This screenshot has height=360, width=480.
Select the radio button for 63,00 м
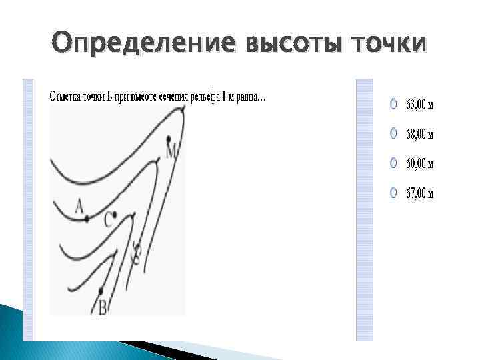(x=394, y=104)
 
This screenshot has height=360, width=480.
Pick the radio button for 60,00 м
(x=394, y=163)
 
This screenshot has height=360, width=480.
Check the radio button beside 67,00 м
(x=394, y=193)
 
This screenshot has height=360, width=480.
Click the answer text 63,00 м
(x=420, y=105)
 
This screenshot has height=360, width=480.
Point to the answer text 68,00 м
(x=420, y=135)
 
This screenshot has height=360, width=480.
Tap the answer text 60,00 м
(x=420, y=163)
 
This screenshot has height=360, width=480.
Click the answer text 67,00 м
(x=420, y=193)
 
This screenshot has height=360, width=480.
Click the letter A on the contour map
(x=79, y=208)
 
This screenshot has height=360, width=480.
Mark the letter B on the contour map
(x=103, y=307)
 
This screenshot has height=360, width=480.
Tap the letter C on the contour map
(x=108, y=221)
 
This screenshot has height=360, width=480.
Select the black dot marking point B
(x=101, y=291)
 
